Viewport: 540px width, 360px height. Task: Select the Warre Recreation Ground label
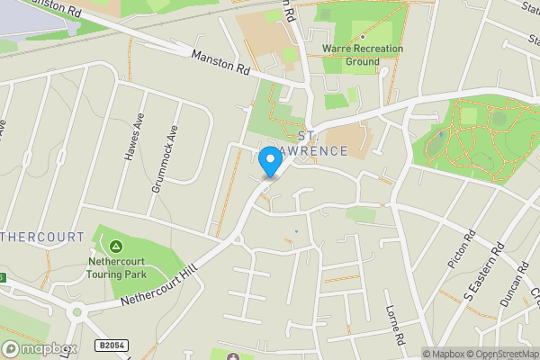pos(363,54)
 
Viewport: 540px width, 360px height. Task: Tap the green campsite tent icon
pos(116,247)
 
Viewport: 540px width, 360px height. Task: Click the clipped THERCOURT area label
pos(42,238)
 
